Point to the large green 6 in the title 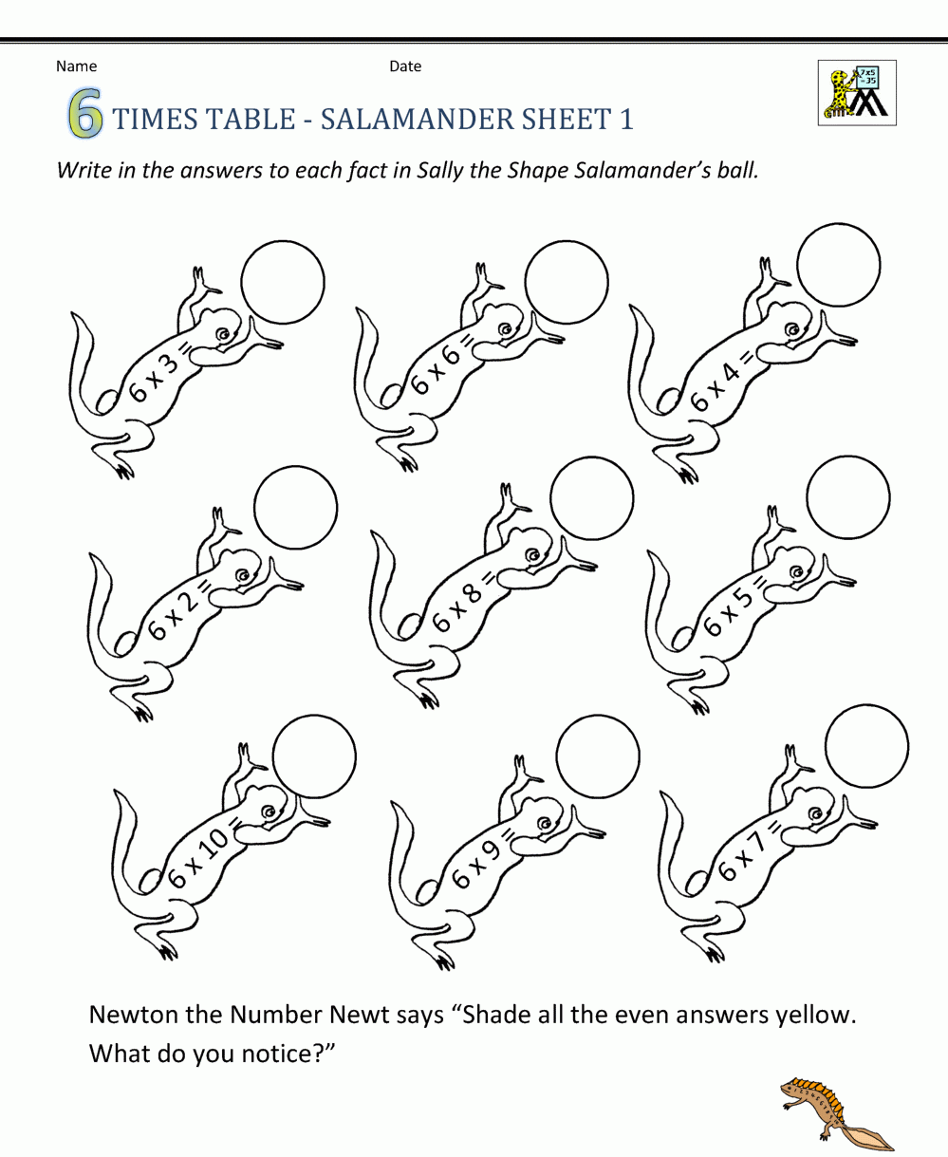coord(85,113)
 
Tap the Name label coord(76,66)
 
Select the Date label coord(405,66)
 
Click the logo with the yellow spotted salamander coord(857,93)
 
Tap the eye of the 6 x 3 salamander coord(223,334)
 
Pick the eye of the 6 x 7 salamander coord(816,813)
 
